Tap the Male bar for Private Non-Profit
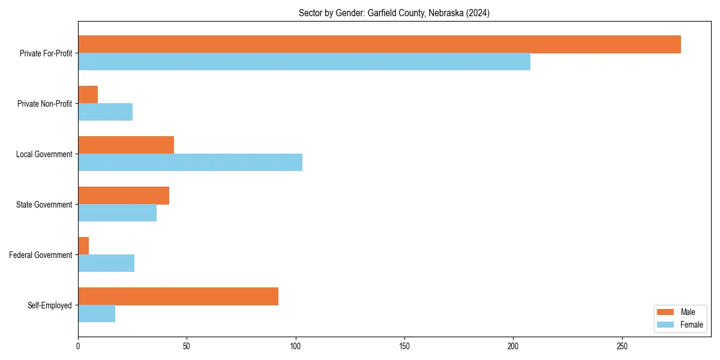[x=88, y=95]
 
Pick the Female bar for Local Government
[x=190, y=163]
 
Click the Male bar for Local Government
[x=126, y=145]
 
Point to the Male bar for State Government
[x=124, y=196]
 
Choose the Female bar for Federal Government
[x=106, y=263]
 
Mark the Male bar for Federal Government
[x=83, y=246]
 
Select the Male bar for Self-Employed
[x=178, y=296]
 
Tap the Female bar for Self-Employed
[x=97, y=314]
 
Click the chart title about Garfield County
[x=394, y=13]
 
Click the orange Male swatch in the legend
[x=666, y=312]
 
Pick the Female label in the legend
[x=691, y=325]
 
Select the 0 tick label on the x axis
[x=78, y=346]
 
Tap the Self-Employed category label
[x=50, y=305]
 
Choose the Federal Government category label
[x=41, y=255]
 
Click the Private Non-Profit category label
[x=44, y=104]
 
